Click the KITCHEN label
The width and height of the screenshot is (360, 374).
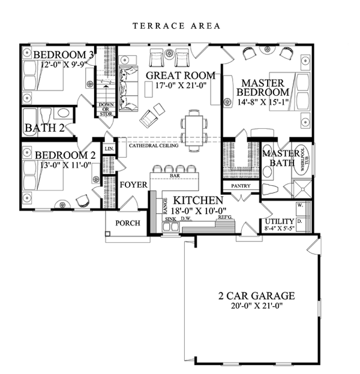click(x=198, y=200)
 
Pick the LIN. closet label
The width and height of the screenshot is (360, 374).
click(x=109, y=149)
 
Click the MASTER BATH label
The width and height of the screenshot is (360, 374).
click(x=277, y=159)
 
